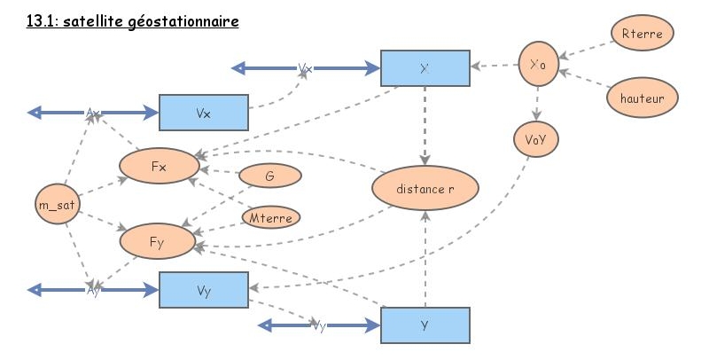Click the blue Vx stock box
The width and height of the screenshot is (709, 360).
point(203,113)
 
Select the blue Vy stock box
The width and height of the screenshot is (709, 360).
point(203,290)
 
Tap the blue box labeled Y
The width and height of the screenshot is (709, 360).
point(425,325)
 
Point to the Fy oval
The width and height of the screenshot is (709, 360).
point(159,240)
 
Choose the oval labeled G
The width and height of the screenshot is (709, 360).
point(269,176)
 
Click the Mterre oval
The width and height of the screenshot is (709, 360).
point(271,216)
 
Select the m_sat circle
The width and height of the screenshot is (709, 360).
point(57,205)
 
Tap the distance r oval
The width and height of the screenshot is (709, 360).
point(425,189)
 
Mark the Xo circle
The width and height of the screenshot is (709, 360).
point(537,65)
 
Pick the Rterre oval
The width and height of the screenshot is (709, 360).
point(643,35)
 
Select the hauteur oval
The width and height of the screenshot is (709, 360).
point(643,96)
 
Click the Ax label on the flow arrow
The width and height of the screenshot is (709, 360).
point(94,113)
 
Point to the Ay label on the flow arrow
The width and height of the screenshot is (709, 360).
point(94,290)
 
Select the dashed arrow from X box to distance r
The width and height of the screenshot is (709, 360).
point(425,124)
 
